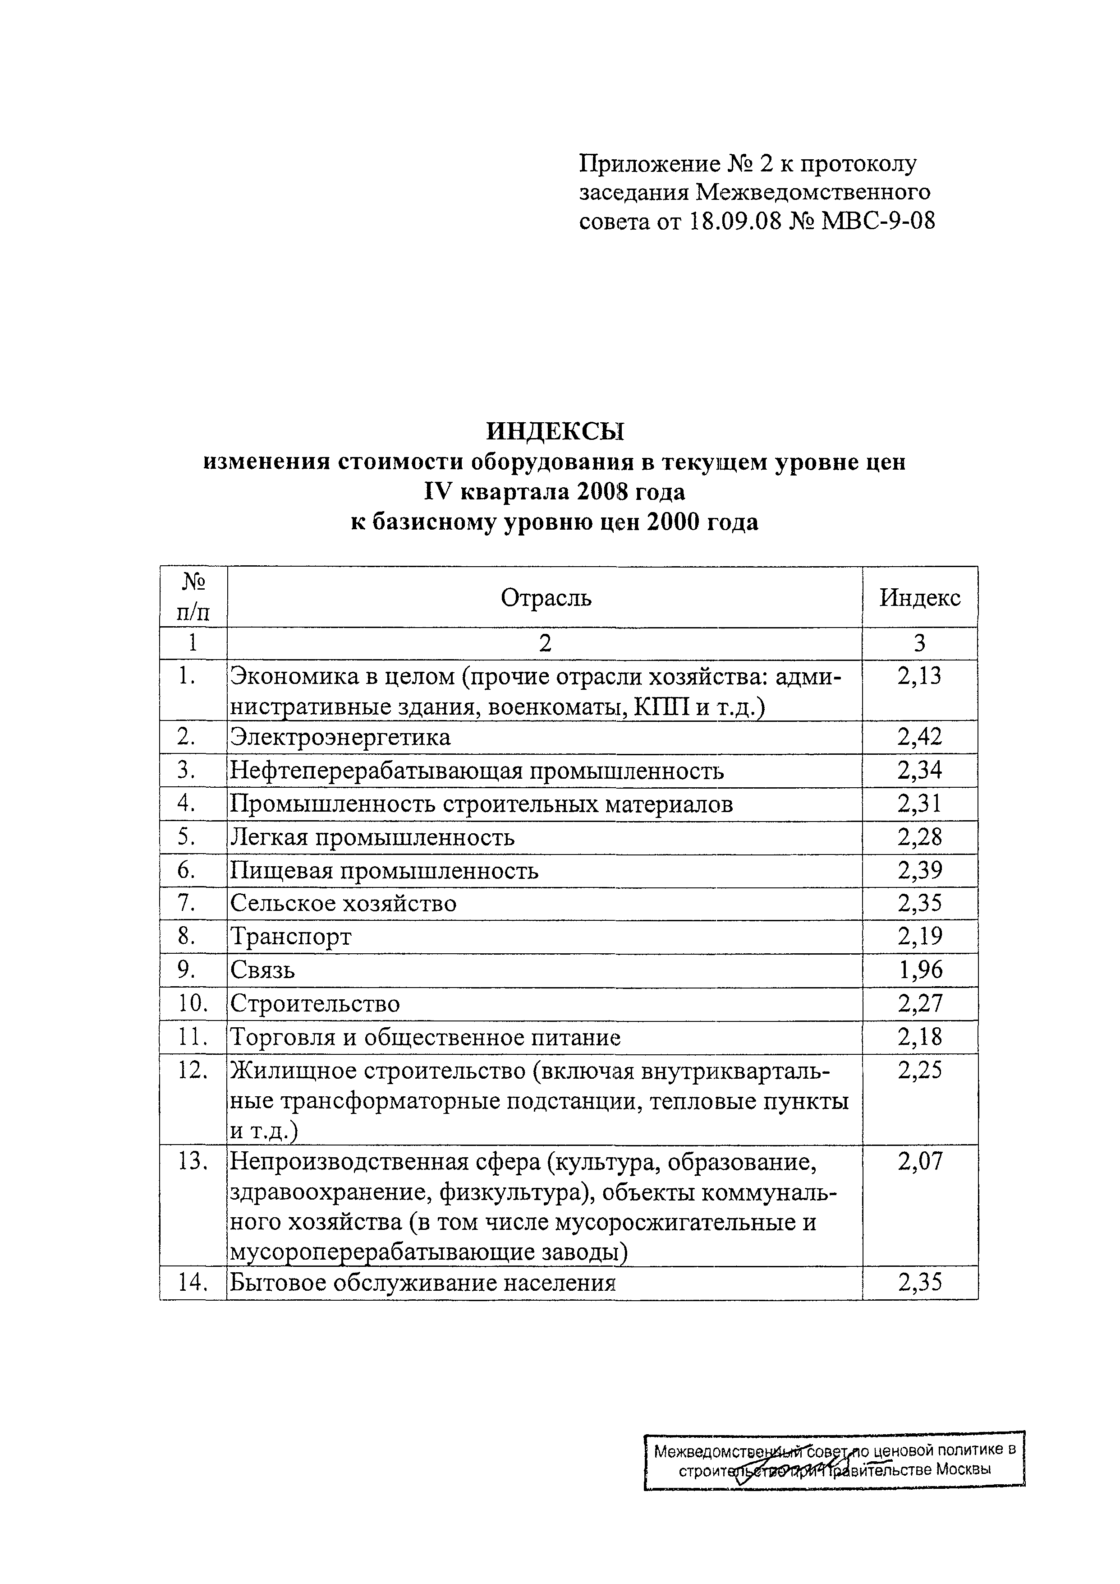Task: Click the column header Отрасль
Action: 546,597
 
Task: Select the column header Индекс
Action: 919,597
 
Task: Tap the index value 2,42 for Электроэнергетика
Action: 919,738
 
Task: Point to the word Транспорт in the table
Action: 291,937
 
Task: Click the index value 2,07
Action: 919,1163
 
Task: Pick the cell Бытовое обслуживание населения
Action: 422,1283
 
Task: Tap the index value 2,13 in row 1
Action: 919,676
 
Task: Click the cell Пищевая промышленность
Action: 384,871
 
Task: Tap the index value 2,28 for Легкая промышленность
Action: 919,837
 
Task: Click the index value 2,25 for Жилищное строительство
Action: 919,1071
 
